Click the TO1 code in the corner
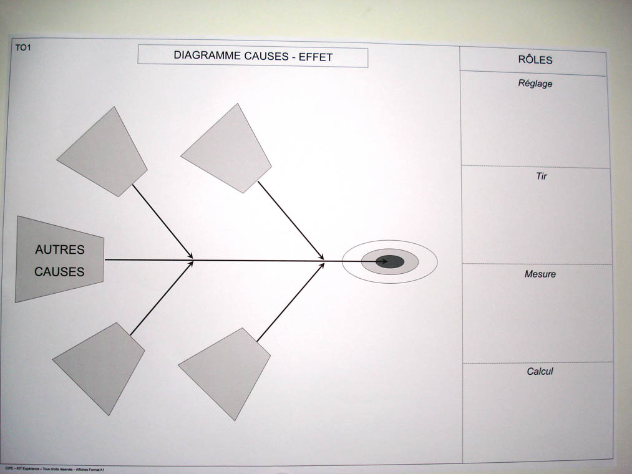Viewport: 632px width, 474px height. (x=23, y=47)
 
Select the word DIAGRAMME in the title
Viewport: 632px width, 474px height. (x=203, y=56)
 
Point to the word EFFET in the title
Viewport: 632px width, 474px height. (x=316, y=57)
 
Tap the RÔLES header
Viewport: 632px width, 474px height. (x=535, y=60)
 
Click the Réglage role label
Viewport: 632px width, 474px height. (x=535, y=84)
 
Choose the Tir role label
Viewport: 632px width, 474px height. (x=541, y=177)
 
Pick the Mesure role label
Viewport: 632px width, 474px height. (x=540, y=274)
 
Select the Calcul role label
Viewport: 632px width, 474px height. (x=540, y=372)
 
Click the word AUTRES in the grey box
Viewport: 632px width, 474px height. (x=59, y=249)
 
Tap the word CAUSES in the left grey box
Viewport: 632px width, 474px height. (x=59, y=272)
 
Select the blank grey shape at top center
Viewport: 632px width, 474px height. (x=228, y=150)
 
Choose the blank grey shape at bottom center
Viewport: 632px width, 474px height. (x=226, y=372)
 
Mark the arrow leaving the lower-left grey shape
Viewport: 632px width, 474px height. (x=161, y=298)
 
